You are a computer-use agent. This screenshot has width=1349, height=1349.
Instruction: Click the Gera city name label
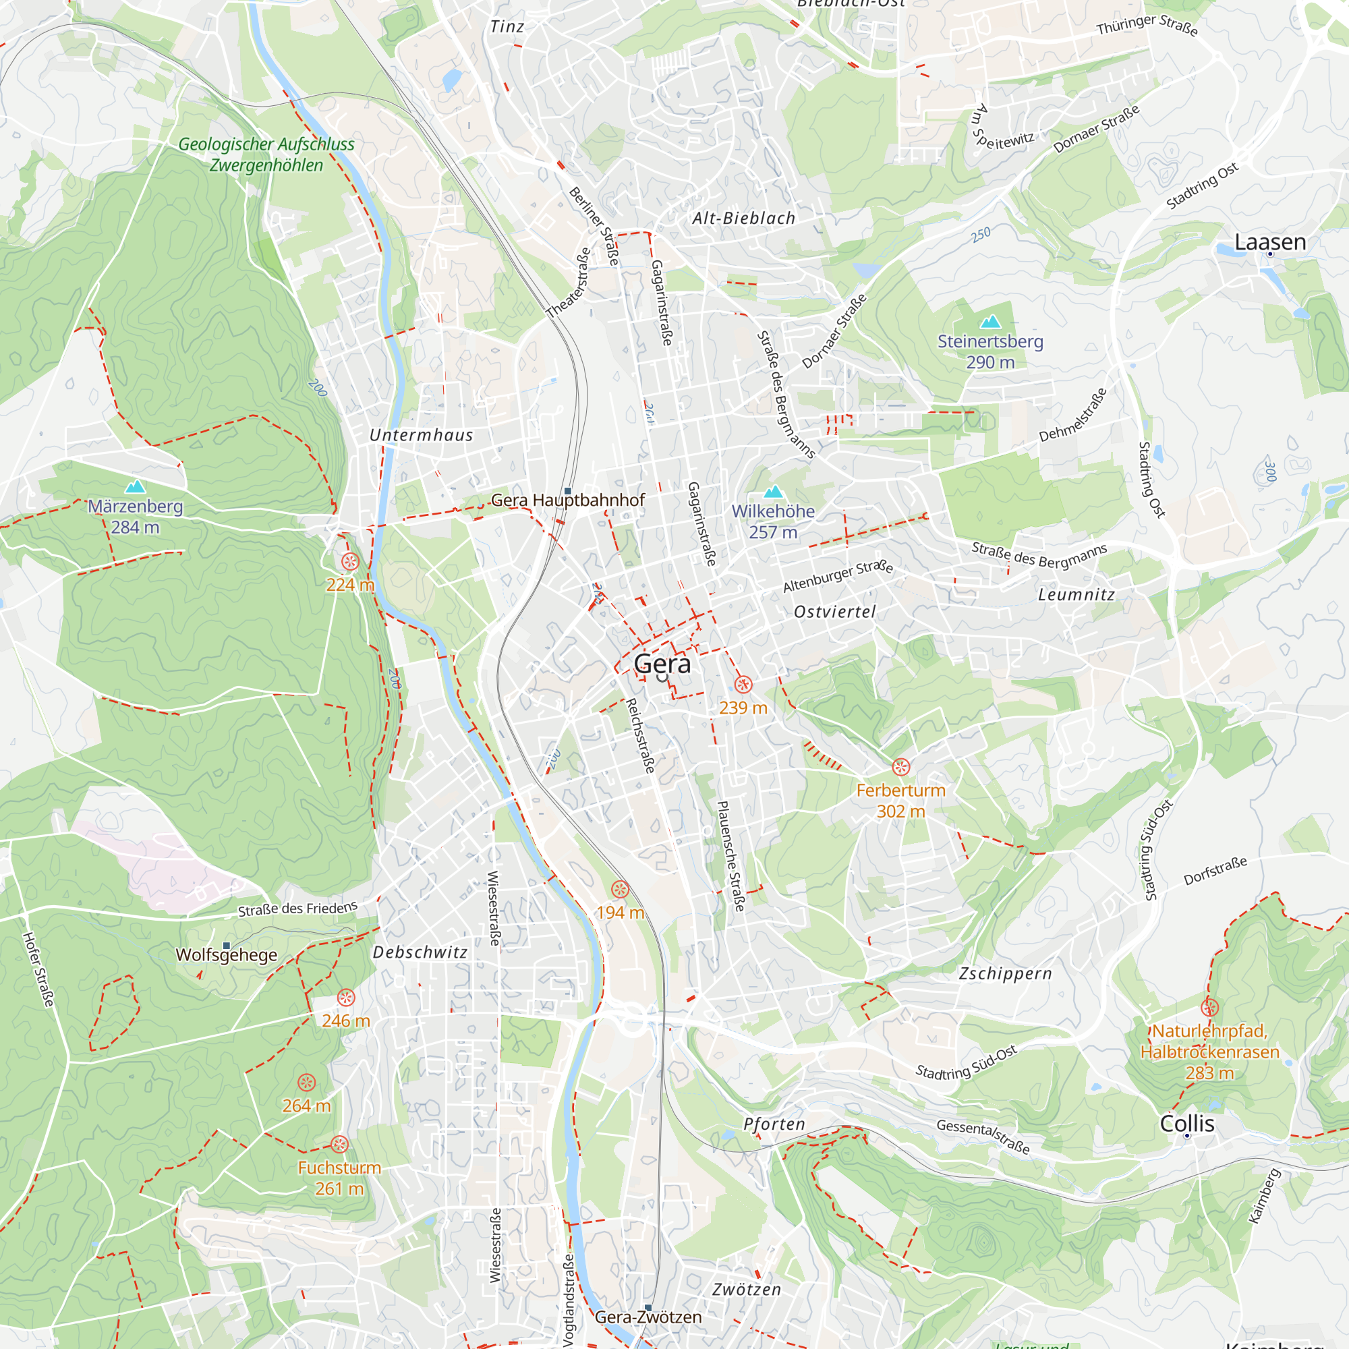[662, 664]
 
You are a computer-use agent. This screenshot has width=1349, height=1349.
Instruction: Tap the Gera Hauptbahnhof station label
[567, 500]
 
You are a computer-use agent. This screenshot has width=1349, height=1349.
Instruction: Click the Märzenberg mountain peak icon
[135, 487]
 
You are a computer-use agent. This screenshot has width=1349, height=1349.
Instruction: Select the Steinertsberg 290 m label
[989, 352]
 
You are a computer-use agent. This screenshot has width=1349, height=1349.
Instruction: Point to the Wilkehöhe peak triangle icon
[773, 492]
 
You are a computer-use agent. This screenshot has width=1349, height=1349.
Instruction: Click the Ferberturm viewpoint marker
[900, 768]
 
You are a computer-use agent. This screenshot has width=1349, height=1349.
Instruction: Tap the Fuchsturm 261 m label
[339, 1178]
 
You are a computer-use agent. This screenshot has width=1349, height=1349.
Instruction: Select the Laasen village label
[1269, 242]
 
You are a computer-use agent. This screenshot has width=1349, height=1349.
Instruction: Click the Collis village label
[1186, 1124]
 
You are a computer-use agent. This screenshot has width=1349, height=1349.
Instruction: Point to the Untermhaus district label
[421, 436]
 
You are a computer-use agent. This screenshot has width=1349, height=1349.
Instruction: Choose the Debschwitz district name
[420, 952]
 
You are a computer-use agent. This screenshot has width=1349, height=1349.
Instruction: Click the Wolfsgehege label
[226, 955]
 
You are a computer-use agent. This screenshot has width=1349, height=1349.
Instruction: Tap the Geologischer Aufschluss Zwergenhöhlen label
[266, 154]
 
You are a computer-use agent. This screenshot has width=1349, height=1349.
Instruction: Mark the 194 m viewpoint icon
[619, 890]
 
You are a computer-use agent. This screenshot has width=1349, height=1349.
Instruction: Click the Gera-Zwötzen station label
[648, 1317]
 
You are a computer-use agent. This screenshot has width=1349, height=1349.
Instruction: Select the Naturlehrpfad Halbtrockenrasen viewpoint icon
[1209, 1008]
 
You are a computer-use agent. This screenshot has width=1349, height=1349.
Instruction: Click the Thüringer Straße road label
[1147, 25]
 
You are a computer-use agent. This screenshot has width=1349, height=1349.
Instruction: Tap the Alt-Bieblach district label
[743, 219]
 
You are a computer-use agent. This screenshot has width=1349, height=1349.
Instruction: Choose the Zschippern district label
[1005, 973]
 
